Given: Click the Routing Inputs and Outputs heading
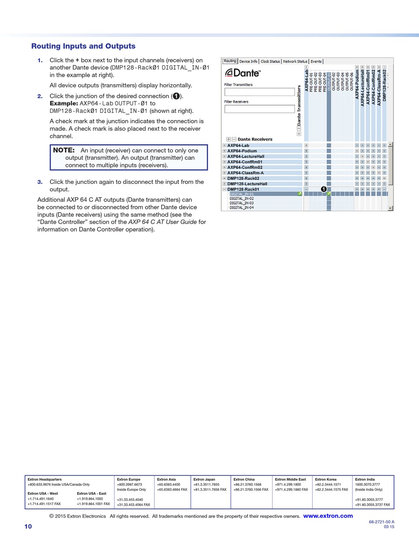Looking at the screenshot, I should [83, 46].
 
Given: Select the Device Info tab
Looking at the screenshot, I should [248, 61].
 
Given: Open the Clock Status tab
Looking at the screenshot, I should [270, 61].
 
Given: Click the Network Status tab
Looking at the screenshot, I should [295, 61].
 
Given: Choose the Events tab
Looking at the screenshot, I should [316, 61].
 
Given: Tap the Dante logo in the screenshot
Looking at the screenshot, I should [243, 73].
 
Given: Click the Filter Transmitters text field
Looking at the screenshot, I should [259, 92].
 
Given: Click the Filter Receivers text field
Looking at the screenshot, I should [259, 109].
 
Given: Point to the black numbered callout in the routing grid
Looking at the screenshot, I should [323, 189].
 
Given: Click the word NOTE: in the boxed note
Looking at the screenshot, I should [64, 150].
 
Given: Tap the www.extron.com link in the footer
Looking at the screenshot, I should [328, 516].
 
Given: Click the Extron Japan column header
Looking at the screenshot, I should [204, 479].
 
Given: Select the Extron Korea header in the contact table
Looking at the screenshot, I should [326, 479].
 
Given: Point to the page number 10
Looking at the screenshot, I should [28, 527].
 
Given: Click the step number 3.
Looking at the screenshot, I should [40, 182].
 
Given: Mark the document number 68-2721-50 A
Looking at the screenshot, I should [382, 522].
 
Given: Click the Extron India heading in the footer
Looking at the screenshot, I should [365, 479].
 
